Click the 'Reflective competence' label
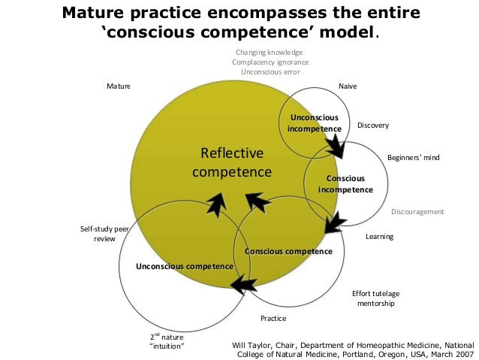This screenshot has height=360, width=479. coord(231,163)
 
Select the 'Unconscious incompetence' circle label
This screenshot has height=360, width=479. coord(314,123)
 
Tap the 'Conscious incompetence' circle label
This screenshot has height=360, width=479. coord(345,183)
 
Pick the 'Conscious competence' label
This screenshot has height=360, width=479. coord(288,251)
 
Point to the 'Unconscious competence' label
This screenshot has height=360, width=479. coord(184,266)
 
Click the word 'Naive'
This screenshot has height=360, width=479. coord(348,86)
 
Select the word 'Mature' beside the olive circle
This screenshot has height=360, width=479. coord(118,86)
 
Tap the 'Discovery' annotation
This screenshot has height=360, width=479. coord(372,125)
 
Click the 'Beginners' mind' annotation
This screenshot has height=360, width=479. coord(413,158)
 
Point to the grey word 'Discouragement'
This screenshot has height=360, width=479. coord(417,212)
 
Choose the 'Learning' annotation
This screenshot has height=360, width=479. coord(379,237)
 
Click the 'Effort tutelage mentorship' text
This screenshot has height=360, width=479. coord(373,298)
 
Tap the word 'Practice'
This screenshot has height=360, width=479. coord(273,319)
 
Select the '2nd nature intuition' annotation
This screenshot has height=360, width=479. coord(167,341)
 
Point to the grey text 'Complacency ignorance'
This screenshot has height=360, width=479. coord(270,62)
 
